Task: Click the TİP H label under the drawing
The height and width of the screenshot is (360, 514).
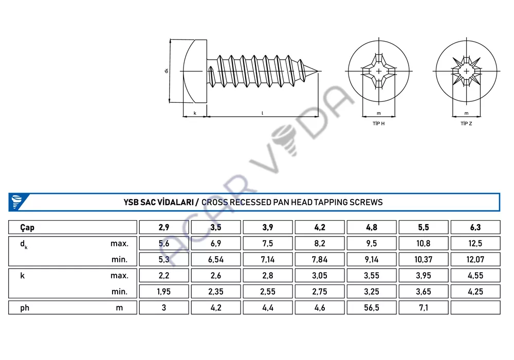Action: [x=379, y=123]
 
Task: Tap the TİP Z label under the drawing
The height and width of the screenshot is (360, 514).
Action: [x=466, y=123]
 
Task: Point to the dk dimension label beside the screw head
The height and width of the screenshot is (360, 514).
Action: [x=167, y=70]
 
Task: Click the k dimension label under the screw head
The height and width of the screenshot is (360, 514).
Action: [x=195, y=113]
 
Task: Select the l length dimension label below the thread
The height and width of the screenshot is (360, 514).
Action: [x=262, y=113]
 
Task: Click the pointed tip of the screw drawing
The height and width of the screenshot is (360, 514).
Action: [x=318, y=71]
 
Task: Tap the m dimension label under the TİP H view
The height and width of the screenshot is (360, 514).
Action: [x=379, y=114]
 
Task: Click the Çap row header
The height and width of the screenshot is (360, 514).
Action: [x=27, y=227]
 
